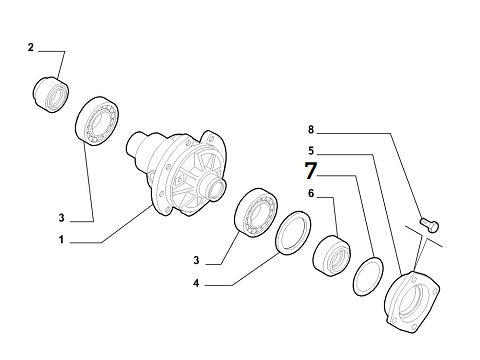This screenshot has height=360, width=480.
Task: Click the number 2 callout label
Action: tap(31, 47)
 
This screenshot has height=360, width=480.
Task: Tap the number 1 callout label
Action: tap(61, 240)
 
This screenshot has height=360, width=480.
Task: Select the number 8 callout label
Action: tap(311, 129)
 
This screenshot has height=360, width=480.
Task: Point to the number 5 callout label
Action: tap(311, 151)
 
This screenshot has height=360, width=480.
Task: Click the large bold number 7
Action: tap(310, 170)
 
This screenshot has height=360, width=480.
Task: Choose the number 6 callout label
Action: tap(311, 193)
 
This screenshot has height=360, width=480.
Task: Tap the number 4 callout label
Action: tap(196, 283)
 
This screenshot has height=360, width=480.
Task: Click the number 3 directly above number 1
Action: tap(61, 218)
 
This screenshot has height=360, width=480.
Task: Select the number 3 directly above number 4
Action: tap(196, 260)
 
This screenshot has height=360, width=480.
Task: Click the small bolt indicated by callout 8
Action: tap(430, 224)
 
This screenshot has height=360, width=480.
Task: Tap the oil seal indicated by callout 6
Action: tap(332, 256)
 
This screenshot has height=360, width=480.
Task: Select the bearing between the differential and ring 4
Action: tap(256, 213)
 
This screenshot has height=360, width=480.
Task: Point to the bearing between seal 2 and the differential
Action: tap(97, 121)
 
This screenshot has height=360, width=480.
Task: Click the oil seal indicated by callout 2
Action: tap(51, 95)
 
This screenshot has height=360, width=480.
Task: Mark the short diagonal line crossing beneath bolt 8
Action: tap(424, 236)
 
